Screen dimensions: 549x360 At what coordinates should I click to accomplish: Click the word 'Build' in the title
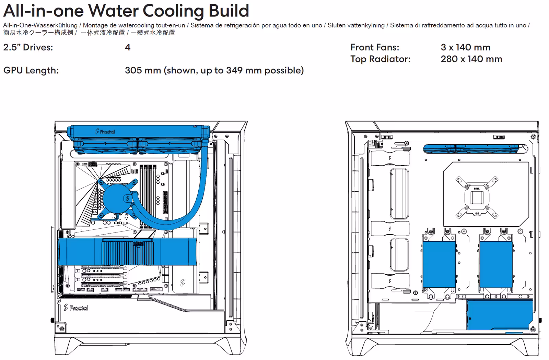point(229,11)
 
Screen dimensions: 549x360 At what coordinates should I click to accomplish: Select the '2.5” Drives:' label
point(28,47)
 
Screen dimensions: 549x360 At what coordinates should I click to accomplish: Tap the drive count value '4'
point(128,47)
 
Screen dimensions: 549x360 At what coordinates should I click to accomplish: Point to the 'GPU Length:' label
point(31,71)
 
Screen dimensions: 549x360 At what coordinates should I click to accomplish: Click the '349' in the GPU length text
point(234,71)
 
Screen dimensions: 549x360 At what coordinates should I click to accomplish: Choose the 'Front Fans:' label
point(375,47)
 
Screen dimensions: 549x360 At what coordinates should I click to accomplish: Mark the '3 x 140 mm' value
point(465,47)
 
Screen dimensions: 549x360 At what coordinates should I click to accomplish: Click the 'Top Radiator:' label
point(381,59)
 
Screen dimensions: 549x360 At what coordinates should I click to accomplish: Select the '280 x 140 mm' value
point(471,59)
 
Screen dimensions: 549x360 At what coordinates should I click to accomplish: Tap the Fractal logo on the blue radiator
point(105,132)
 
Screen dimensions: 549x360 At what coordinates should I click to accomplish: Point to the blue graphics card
point(127,252)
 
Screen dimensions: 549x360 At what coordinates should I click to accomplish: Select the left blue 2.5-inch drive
point(439,264)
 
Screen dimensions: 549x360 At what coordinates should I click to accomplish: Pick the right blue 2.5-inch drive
point(496,264)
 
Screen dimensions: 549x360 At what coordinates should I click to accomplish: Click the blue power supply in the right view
point(500,315)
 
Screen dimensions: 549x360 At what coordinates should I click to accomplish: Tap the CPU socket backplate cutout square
point(477,197)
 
